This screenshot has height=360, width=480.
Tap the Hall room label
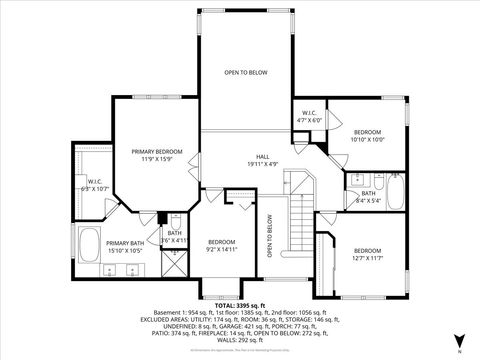pyautogui.click(x=261, y=159)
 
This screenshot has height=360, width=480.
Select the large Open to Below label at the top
pyautogui.click(x=244, y=73)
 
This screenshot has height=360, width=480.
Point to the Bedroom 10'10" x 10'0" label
pyautogui.click(x=367, y=135)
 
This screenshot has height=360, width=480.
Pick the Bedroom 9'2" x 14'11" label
pyautogui.click(x=221, y=246)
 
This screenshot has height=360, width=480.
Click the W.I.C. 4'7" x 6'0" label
pyautogui.click(x=309, y=117)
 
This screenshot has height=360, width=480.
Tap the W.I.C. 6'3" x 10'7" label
pyautogui.click(x=93, y=185)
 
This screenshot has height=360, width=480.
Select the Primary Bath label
pyautogui.click(x=126, y=247)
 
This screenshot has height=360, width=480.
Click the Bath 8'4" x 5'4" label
pyautogui.click(x=368, y=196)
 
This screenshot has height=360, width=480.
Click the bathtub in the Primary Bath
pyautogui.click(x=89, y=246)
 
